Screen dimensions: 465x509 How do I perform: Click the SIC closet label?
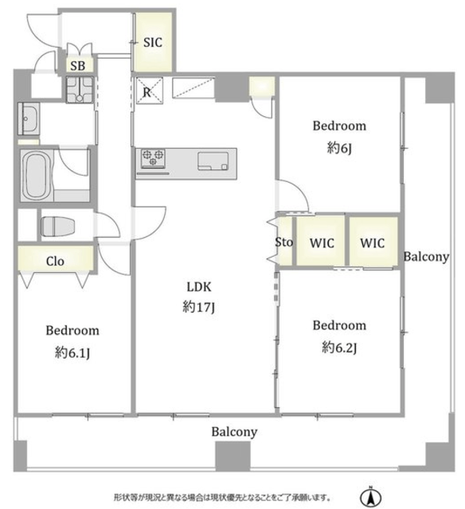pos(152,42)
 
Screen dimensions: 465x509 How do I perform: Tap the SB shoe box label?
pos(78,66)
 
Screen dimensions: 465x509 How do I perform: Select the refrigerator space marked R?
pos(149,91)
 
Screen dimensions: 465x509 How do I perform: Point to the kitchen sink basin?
pos(213,161)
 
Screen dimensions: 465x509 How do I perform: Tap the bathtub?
pos(36,175)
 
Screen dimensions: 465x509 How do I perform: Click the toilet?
pos(57,226)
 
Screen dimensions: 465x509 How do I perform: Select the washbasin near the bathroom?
pos(29,119)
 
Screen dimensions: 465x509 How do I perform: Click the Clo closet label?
pos(55,261)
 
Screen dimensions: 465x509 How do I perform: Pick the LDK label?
pos(199,286)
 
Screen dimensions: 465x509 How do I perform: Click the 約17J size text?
pos(198,307)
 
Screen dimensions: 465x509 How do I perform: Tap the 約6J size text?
pos(339,148)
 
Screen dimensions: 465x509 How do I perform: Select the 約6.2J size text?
pos(339,348)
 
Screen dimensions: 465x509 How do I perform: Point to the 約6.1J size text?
pos(72,352)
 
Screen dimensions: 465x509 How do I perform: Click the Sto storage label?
pos(283,242)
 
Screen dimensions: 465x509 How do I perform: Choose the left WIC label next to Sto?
pos(322,243)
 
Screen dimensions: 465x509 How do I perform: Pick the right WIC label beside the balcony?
pos(373,243)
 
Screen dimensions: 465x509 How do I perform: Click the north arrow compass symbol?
pos(370,496)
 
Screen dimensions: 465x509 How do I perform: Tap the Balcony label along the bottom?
pos(234,432)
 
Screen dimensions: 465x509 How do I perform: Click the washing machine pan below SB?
pos(80,90)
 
